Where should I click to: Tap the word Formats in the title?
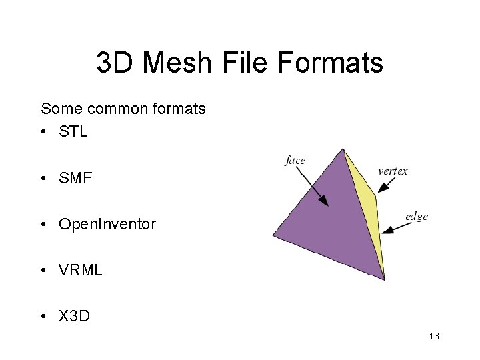point(338,63)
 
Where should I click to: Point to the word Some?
point(61,108)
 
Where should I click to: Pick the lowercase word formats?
point(182,108)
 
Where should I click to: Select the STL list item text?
point(73,131)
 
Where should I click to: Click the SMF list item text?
point(75,178)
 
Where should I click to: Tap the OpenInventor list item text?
point(107,225)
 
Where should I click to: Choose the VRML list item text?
point(80,271)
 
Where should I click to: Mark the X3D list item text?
point(75,317)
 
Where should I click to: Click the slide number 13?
point(434,337)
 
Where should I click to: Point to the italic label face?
point(295,160)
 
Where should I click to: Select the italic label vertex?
point(393,171)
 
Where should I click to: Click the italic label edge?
point(416,216)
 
